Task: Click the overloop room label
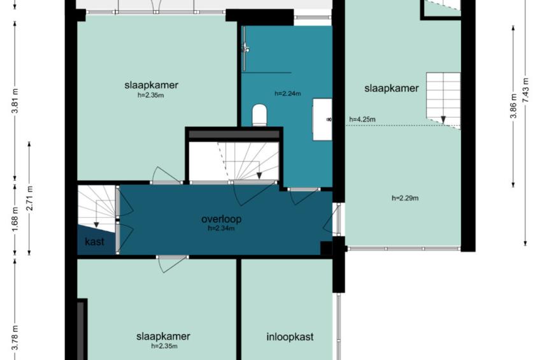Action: coord(221,219)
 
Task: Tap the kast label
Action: coord(94,241)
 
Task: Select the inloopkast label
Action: coord(290,336)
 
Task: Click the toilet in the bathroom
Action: coord(260,115)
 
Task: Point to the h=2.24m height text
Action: coord(288,94)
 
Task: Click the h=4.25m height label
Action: coord(362,120)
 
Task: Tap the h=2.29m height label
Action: coord(405,198)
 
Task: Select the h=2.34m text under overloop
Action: coord(221,228)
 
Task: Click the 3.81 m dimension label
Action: coord(15,103)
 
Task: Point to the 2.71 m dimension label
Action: coord(30,198)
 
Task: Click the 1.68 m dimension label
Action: coord(15,219)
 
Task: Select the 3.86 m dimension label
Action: coord(513,106)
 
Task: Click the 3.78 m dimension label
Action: coord(15,338)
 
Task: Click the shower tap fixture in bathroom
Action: coord(246,48)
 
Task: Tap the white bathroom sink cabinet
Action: coord(322,120)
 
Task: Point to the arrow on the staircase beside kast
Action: coord(97,213)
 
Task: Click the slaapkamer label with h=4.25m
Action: coord(392,88)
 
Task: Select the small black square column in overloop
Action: coord(326,248)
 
